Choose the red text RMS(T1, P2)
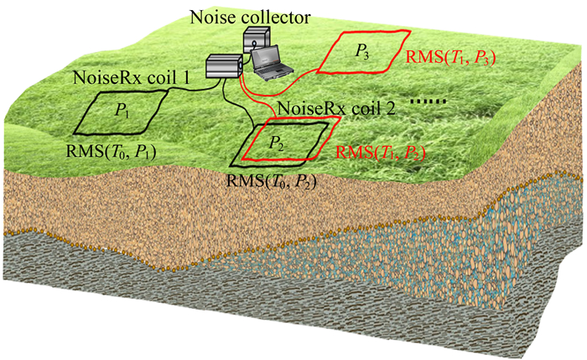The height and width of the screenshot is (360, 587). (x=381, y=152)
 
